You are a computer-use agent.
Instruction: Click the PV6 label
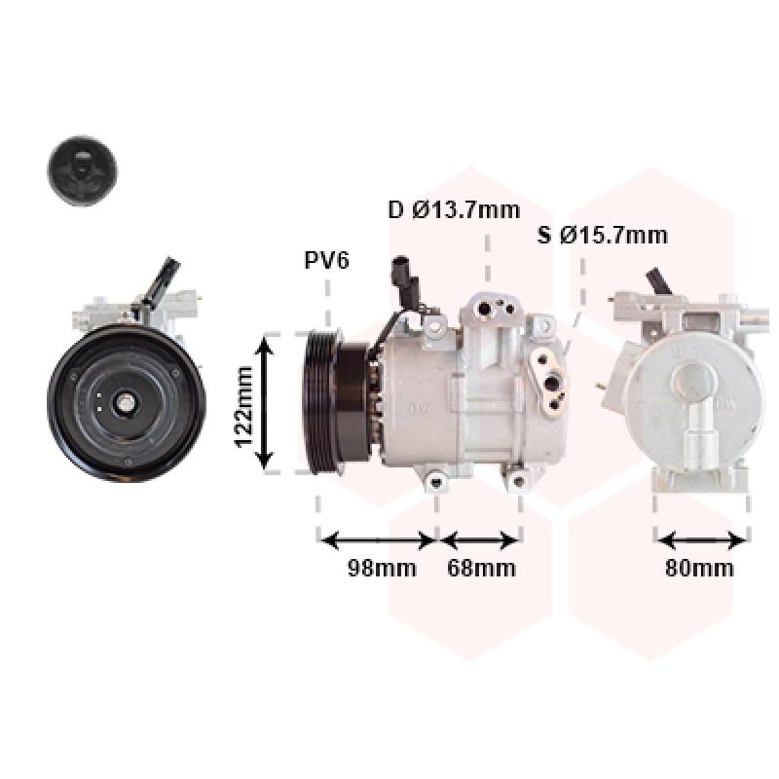pos(326,260)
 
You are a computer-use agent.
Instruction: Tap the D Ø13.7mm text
pos(454,210)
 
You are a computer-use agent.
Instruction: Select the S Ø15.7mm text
pos(602,235)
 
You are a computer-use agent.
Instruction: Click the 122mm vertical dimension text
pos(243,406)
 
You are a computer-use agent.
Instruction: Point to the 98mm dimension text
pos(382,568)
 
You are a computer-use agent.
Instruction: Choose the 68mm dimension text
pos(481,568)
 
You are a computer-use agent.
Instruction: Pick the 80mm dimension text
pos(699,568)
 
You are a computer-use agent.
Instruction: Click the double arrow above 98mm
pos(378,540)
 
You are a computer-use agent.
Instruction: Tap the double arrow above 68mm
pos(479,540)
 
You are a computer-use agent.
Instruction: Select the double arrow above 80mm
pos(701,540)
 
